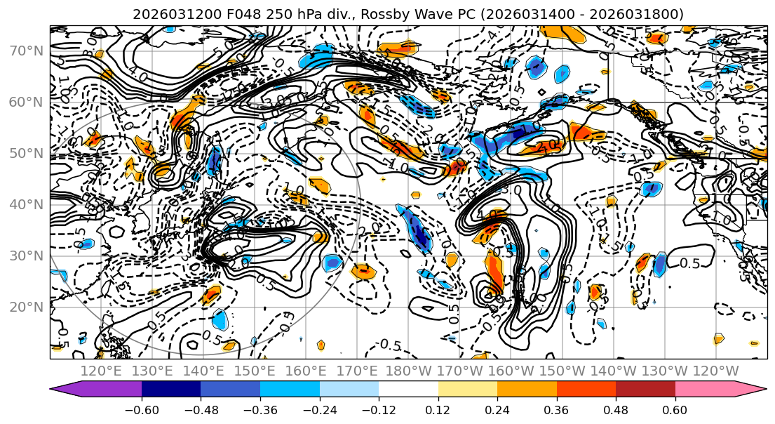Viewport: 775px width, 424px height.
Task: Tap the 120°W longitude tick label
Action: coord(716,371)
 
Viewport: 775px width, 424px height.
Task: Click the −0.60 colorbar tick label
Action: coord(142,409)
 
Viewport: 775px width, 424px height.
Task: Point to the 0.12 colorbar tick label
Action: coord(438,409)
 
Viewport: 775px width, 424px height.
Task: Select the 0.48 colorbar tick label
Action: coord(616,409)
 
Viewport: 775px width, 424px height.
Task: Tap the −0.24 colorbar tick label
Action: coord(319,409)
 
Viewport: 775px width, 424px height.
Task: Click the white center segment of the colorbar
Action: coord(408,389)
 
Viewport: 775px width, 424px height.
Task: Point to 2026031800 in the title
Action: coord(643,15)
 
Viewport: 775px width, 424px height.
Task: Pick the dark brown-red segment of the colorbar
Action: coord(645,389)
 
